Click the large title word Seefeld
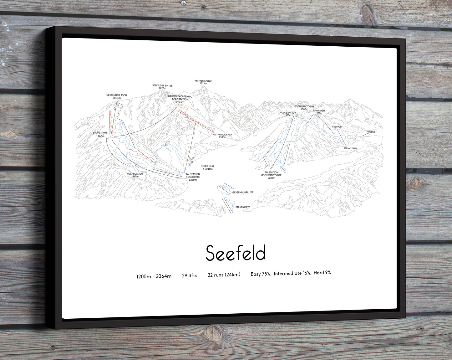coord(236,253)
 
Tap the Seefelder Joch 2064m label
coord(117,96)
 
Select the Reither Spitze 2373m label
coord(203,82)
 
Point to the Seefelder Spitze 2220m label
coord(162,87)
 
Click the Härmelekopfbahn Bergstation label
coord(180,99)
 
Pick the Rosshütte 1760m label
coord(100,135)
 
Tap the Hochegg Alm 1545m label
coord(135,175)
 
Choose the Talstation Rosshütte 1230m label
coord(193,177)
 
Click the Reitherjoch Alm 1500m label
coord(222,136)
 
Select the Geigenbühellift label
coord(243,192)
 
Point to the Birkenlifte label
coord(243,207)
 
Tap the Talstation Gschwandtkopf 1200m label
coord(271,175)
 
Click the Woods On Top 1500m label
coord(287,114)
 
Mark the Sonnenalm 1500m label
coord(319,112)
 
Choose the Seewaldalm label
coord(350,148)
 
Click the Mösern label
coord(371,132)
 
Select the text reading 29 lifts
coord(190,275)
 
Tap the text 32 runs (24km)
coord(224,275)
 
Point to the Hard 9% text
coord(322,273)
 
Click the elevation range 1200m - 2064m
coord(154,276)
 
